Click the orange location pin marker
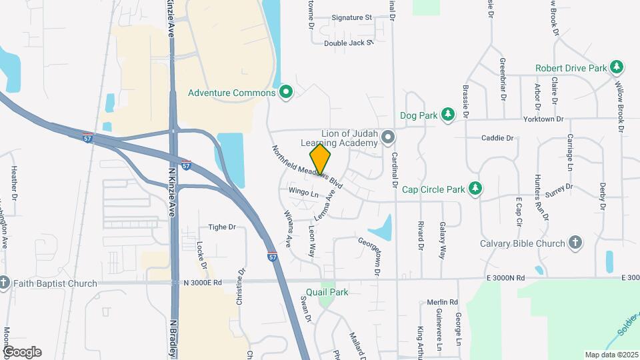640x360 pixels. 321,161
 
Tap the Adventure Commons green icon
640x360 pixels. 287,93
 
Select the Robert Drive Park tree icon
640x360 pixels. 618,67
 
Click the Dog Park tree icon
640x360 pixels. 448,115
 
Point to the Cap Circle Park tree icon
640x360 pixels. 475,189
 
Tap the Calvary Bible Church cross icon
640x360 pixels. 575,243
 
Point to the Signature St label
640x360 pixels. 351,17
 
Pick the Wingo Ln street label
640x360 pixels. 303,193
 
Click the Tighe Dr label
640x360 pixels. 223,227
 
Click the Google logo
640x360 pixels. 22,351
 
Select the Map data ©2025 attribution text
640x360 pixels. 611,354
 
